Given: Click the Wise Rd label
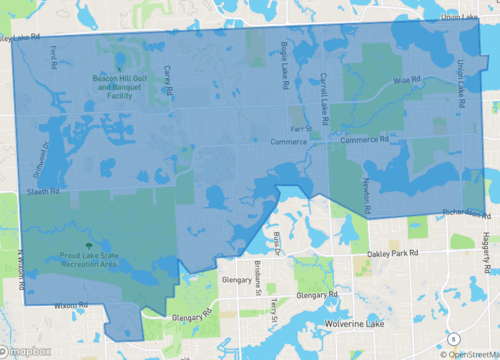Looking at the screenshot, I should tap(405, 79).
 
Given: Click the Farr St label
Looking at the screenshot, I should tap(301, 129).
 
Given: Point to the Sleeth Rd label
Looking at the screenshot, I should tap(44, 189).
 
